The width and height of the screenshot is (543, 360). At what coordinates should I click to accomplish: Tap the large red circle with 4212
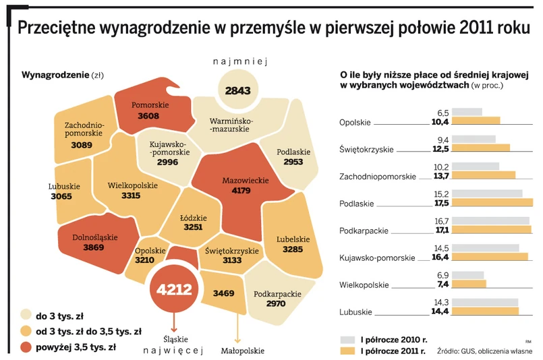[x=175, y=289]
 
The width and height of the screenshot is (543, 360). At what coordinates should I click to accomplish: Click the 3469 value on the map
[x=223, y=293]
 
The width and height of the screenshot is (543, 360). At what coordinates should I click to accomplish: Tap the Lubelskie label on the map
[x=293, y=239]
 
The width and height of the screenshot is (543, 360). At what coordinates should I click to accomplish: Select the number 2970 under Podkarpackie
[x=277, y=304]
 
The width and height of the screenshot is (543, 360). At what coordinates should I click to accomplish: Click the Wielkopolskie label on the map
[x=133, y=185]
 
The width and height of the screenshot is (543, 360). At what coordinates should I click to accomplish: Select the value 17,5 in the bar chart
[x=442, y=202]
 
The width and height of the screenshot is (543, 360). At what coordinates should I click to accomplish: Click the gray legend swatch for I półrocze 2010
[x=347, y=339]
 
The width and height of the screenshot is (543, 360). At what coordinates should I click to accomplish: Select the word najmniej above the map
[x=241, y=63]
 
